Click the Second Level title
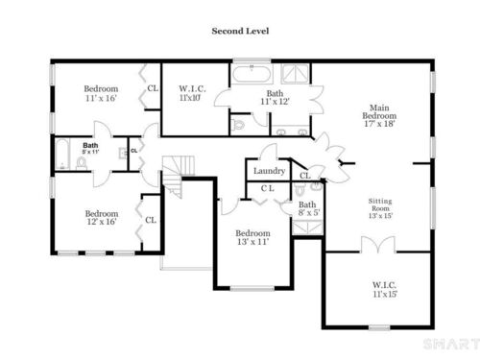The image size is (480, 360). (240, 31)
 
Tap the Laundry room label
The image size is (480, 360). (269, 171)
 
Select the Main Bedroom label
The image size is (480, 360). (379, 115)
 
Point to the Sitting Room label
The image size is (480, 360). (380, 208)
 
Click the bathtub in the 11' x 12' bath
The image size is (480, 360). (252, 75)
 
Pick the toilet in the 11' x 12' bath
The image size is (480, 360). (238, 124)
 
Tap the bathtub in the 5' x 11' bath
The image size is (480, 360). (62, 155)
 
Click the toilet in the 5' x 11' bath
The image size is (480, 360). (82, 163)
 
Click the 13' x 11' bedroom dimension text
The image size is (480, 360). (252, 242)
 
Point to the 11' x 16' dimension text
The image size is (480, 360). (101, 98)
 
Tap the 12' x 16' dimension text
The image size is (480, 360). (102, 222)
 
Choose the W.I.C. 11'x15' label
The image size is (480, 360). (384, 289)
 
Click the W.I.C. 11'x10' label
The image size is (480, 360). (192, 93)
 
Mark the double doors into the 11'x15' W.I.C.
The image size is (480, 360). (378, 245)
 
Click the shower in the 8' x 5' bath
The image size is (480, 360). (307, 228)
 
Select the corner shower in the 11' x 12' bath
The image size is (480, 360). (295, 74)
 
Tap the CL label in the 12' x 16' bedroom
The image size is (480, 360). (151, 220)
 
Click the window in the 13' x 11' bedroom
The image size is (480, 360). (252, 288)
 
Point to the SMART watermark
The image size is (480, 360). (451, 345)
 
